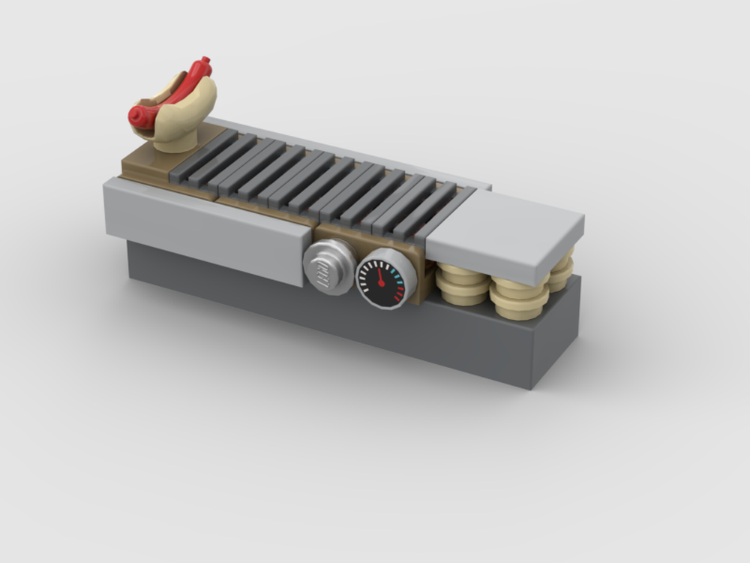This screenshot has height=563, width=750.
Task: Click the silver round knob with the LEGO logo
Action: point(328,267)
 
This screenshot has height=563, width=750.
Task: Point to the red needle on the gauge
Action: point(380,278)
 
